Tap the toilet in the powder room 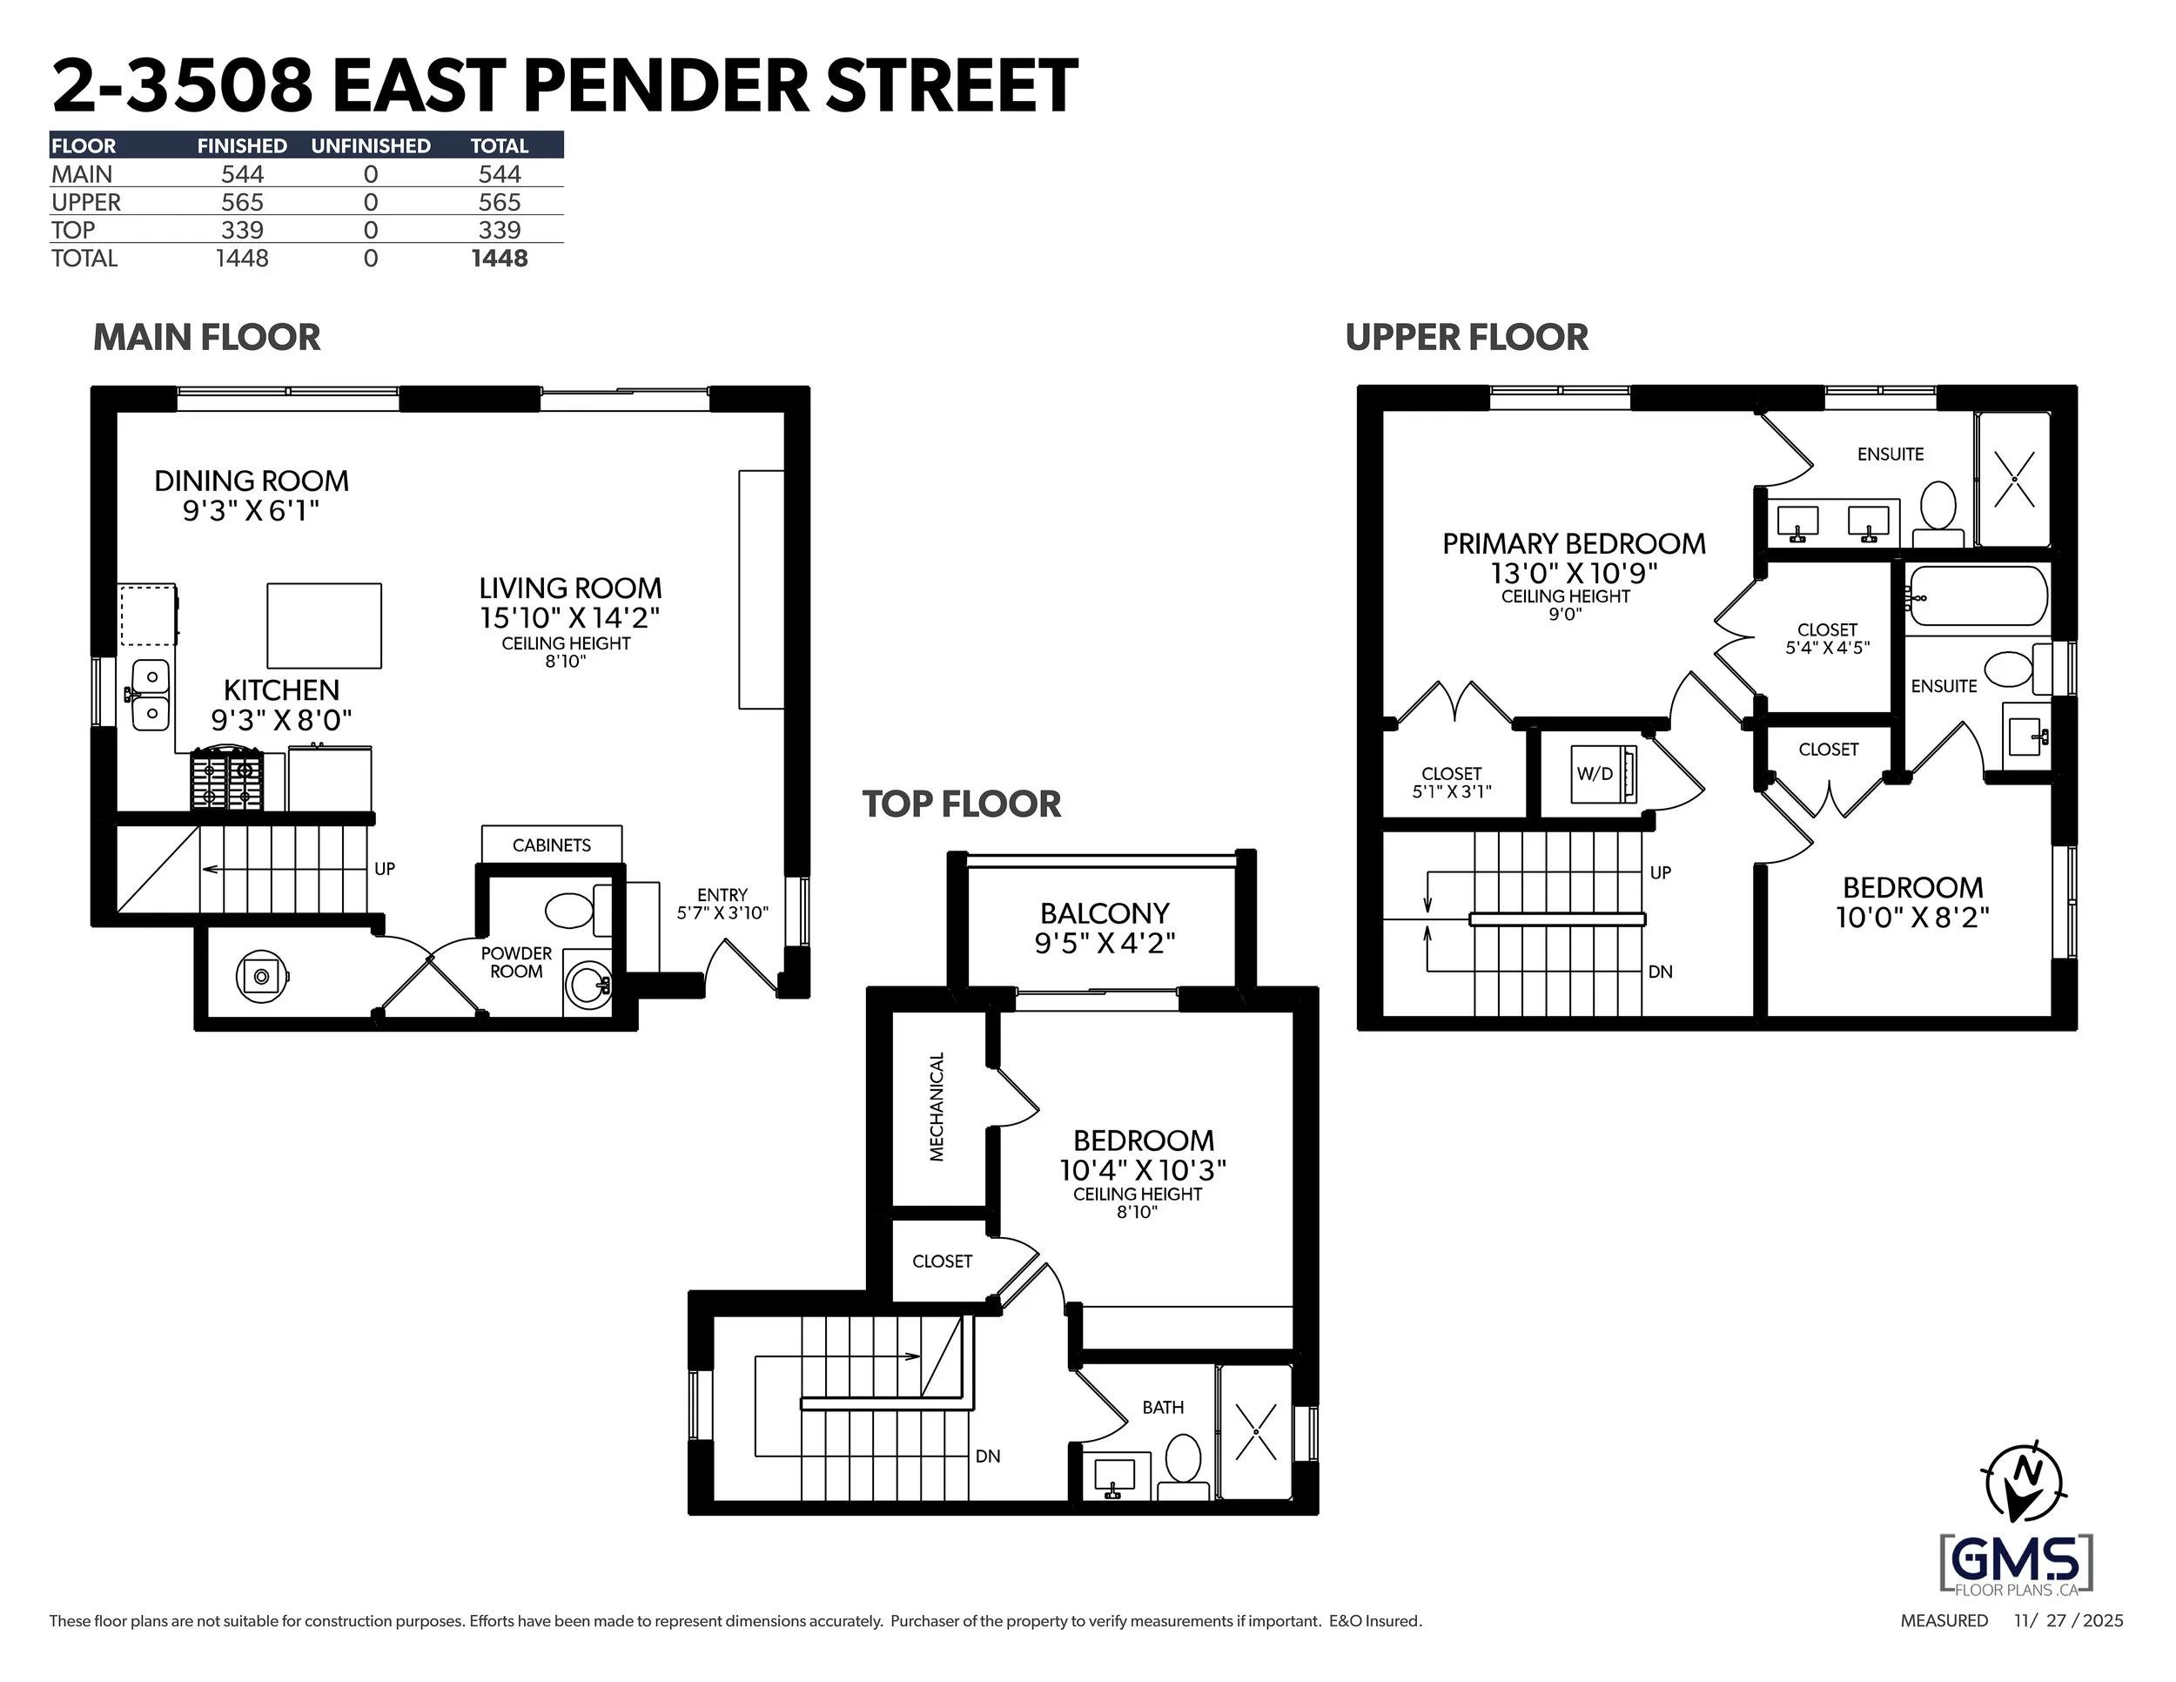pyautogui.click(x=573, y=910)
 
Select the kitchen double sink pyautogui.click(x=151, y=695)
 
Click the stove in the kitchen pyautogui.click(x=228, y=779)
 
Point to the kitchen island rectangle pyautogui.click(x=324, y=626)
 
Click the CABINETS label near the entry pyautogui.click(x=551, y=845)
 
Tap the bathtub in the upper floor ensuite pyautogui.click(x=1978, y=595)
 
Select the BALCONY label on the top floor pyautogui.click(x=1104, y=912)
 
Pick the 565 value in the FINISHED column pyautogui.click(x=242, y=202)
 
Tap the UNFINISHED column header pyautogui.click(x=371, y=145)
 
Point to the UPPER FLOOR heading pyautogui.click(x=1467, y=338)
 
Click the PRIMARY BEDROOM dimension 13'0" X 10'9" pyautogui.click(x=1573, y=573)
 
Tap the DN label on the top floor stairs pyautogui.click(x=987, y=1456)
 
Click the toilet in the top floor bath pyautogui.click(x=1183, y=1460)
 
